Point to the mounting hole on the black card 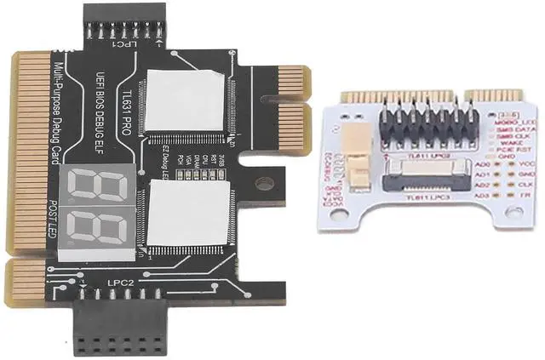[264, 182]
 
